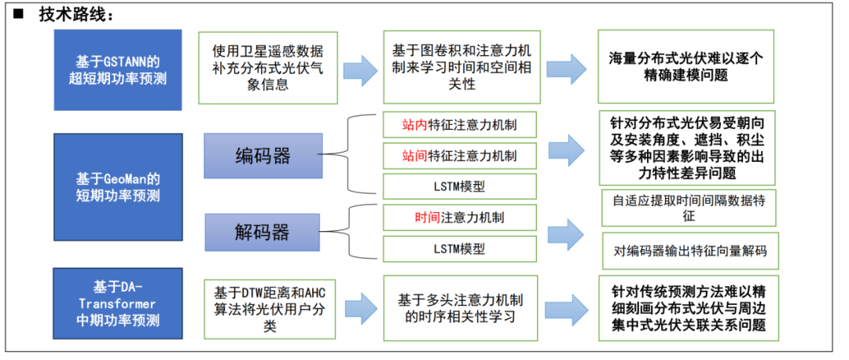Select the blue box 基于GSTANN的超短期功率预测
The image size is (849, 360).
117,69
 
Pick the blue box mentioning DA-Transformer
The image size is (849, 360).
117,303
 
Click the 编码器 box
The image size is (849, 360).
263,156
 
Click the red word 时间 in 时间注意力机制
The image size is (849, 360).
428,216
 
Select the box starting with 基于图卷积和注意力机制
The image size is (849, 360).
461,67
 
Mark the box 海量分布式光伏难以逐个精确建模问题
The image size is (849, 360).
686,68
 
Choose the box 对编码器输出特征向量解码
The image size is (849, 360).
689,252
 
